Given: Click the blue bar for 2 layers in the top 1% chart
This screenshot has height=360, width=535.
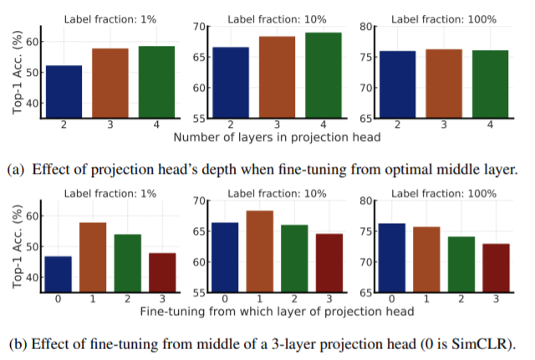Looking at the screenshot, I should tap(64, 91).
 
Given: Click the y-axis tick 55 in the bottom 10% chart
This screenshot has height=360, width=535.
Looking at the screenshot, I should tap(199, 293).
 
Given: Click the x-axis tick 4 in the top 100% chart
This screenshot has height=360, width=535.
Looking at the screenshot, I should tap(490, 124).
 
